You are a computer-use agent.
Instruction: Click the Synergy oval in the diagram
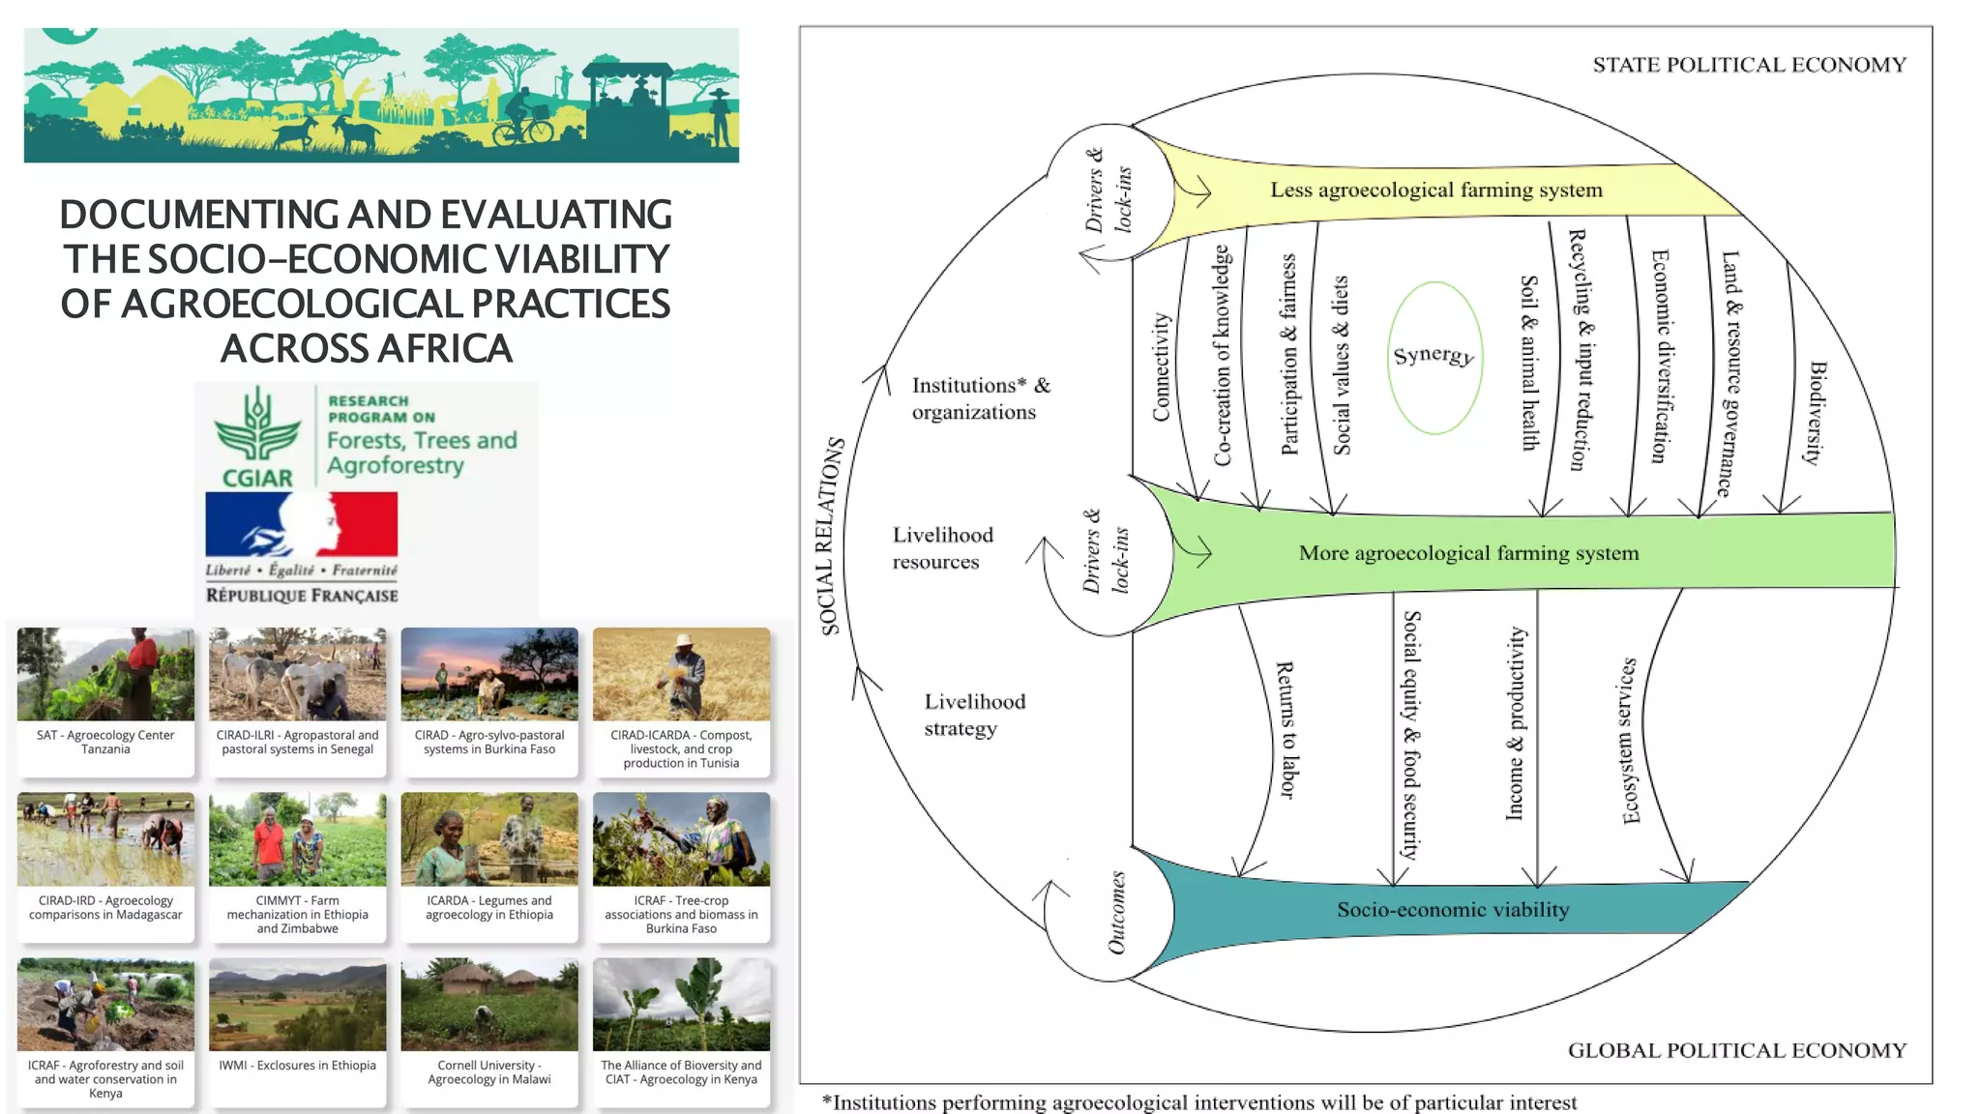tap(1434, 357)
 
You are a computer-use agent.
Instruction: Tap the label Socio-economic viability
tap(1453, 910)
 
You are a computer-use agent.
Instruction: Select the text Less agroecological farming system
tap(1435, 190)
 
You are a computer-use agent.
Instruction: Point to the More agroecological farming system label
tap(1468, 553)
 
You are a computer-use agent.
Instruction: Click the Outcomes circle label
tap(1116, 913)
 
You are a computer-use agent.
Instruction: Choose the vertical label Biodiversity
tap(1816, 413)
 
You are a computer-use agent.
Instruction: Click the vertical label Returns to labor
tap(1286, 730)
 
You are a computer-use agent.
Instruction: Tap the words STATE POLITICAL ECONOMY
tap(1749, 65)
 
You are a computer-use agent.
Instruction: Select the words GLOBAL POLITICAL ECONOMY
tap(1736, 1050)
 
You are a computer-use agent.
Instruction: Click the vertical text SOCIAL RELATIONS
tap(831, 536)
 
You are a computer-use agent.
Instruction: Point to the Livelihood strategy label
tap(973, 715)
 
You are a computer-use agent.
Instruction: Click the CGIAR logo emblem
tap(257, 435)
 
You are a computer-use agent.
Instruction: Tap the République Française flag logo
tap(301, 524)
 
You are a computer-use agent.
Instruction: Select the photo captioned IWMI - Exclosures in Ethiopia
tap(297, 1005)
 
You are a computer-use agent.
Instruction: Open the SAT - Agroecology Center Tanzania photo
tap(105, 674)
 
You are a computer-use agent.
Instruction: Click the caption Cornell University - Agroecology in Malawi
tap(489, 1072)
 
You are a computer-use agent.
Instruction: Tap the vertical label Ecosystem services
tap(1630, 741)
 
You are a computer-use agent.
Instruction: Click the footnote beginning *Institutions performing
tap(1198, 1102)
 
